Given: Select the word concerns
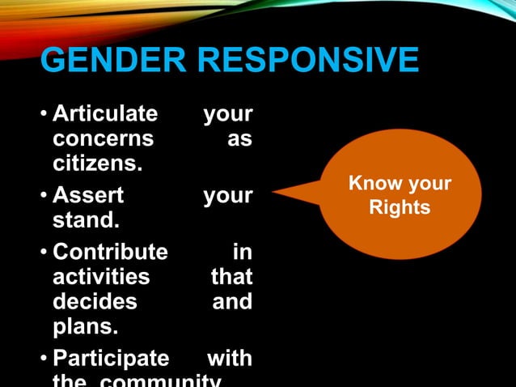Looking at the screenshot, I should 103,138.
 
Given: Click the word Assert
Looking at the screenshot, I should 88,195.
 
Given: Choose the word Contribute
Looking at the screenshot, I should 110,252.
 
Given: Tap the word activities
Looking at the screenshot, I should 101,277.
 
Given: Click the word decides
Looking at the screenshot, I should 95,302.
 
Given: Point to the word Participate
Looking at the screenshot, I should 111,358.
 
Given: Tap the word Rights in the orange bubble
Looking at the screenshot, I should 400,208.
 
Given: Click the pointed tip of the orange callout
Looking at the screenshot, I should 275,193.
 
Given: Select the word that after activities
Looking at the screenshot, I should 231,277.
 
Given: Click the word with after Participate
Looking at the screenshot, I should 230,358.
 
